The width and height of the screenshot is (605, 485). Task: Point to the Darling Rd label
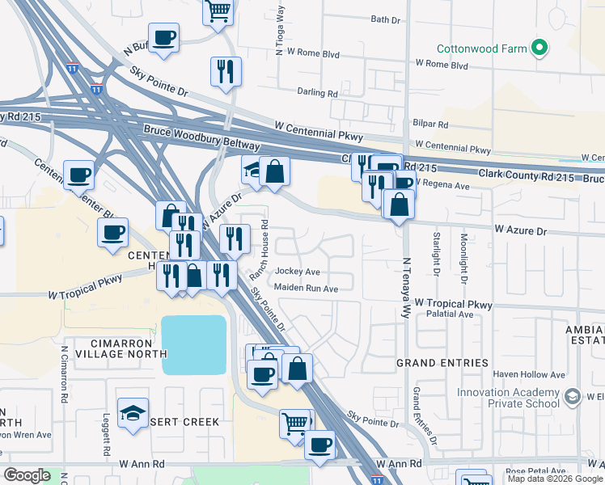(x=317, y=93)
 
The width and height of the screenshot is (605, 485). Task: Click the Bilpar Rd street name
(x=431, y=124)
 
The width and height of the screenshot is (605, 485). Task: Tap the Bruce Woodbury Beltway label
(x=201, y=137)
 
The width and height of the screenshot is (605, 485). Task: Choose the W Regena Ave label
(x=442, y=186)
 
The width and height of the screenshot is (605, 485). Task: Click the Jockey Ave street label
(x=298, y=272)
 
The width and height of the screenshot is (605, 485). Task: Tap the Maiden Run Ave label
(x=306, y=288)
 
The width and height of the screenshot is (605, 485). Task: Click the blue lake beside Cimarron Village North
(x=194, y=344)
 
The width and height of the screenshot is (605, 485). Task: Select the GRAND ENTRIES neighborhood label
(x=442, y=363)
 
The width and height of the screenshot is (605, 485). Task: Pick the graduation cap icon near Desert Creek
(x=133, y=412)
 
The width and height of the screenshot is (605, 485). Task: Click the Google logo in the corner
(x=27, y=475)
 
